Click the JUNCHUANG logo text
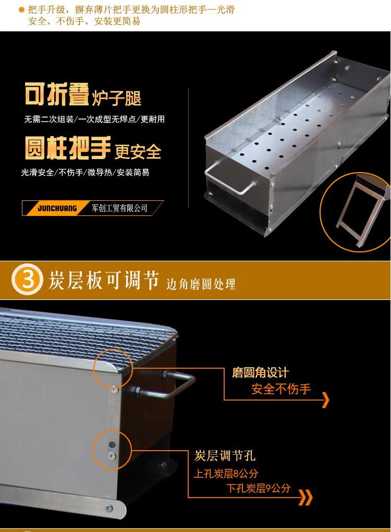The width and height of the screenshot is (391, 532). pyautogui.click(x=57, y=208)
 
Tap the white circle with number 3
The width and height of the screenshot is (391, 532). pyautogui.click(x=27, y=279)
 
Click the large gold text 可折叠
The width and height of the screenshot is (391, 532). pyautogui.click(x=57, y=94)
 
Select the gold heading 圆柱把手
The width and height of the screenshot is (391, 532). pyautogui.click(x=68, y=148)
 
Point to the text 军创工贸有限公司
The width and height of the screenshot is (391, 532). pyautogui.click(x=119, y=208)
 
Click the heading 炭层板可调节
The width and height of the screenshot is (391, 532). pyautogui.click(x=103, y=280)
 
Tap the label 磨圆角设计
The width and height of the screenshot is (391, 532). pyautogui.click(x=261, y=372)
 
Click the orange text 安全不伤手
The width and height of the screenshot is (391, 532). pyautogui.click(x=281, y=389)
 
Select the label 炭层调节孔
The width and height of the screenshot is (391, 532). pyautogui.click(x=225, y=455)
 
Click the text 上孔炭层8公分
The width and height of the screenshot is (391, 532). pyautogui.click(x=226, y=473)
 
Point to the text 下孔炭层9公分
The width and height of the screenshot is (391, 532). pyautogui.click(x=258, y=488)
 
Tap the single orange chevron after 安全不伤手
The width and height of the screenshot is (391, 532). pyautogui.click(x=325, y=400)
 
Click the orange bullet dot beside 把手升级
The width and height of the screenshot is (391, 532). pyautogui.click(x=21, y=10)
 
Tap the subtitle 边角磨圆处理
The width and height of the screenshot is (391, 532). pyautogui.click(x=201, y=284)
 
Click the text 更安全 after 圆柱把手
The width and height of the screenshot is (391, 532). pyautogui.click(x=138, y=152)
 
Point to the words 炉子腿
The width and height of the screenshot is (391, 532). pyautogui.click(x=117, y=98)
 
